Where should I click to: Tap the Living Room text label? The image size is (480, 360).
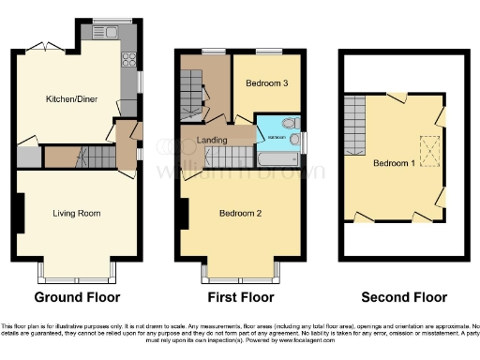coord(76,213)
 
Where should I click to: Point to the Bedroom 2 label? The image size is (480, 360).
coord(240,213)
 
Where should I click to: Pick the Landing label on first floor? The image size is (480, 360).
coord(215,141)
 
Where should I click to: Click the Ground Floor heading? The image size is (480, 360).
coord(77,297)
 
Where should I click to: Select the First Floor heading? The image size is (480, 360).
coord(239,297)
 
